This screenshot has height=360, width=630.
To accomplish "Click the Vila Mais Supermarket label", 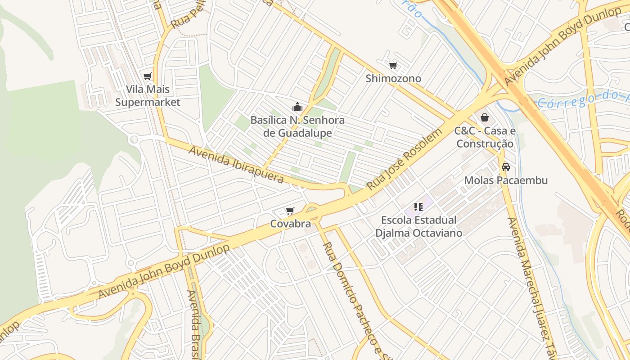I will (x=148, y=96).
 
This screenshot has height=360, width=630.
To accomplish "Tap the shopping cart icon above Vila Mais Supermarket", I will (x=148, y=76).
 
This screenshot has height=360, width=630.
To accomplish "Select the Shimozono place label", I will (x=393, y=79).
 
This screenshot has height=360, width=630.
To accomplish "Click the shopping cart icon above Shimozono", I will (x=393, y=66).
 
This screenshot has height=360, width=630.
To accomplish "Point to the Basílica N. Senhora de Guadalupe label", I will (x=297, y=127).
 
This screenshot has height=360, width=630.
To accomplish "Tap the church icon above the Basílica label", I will (x=297, y=107).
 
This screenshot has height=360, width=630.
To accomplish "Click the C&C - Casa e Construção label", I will (x=484, y=137).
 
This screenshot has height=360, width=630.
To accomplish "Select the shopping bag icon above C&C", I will (x=485, y=117).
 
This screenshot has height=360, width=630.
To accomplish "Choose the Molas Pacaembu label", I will (x=506, y=180).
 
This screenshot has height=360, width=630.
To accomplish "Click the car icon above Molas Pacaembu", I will (x=506, y=167).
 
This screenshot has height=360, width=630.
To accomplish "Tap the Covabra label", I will (x=290, y=224).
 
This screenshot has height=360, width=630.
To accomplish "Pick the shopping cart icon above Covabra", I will (x=290, y=211).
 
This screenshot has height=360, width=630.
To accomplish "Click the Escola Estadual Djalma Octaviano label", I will (x=418, y=226).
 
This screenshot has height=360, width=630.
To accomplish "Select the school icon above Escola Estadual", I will (x=418, y=207).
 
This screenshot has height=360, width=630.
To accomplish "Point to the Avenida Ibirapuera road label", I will (x=236, y=164).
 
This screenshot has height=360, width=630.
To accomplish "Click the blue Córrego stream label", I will (x=580, y=99).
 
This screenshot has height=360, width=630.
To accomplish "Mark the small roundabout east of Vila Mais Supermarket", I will (x=133, y=139).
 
